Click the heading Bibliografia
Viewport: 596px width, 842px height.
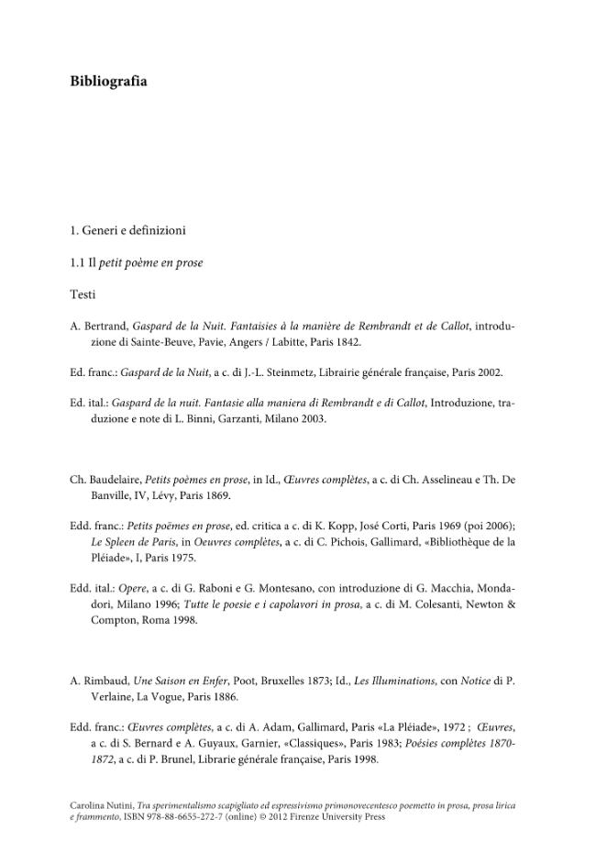pyautogui.click(x=108, y=82)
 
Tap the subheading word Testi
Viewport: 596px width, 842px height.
pyautogui.click(x=83, y=295)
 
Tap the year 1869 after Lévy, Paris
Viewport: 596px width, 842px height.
pyautogui.click(x=217, y=495)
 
